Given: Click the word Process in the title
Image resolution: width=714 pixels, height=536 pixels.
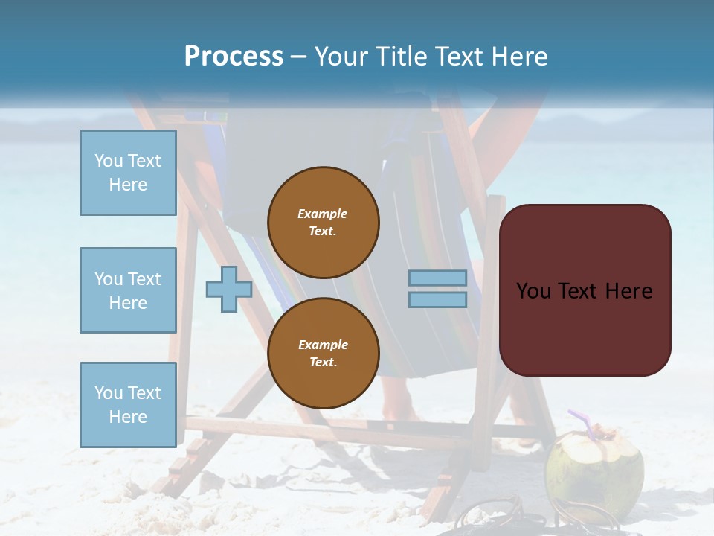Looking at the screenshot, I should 234,57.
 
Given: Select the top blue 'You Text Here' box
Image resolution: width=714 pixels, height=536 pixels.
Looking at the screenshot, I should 128,173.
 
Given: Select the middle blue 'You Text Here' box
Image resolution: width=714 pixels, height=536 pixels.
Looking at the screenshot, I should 128,290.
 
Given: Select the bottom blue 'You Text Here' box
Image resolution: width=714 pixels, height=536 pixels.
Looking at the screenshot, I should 128,404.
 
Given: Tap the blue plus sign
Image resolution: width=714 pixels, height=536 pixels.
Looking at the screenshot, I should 228,290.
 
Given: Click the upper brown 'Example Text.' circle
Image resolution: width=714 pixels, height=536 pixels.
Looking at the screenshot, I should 323,222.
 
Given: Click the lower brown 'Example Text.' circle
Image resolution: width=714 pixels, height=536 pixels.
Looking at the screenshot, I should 323,353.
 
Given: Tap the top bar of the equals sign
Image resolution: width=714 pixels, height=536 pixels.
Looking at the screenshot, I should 437,278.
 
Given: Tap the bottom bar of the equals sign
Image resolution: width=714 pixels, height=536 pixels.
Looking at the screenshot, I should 437,299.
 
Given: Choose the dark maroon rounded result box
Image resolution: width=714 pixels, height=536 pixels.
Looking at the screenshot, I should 585,290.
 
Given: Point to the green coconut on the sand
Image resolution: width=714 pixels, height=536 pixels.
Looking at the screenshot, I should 594,469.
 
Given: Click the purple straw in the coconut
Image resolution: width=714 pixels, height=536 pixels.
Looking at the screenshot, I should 581,421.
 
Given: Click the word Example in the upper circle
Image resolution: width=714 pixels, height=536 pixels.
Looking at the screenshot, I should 323,214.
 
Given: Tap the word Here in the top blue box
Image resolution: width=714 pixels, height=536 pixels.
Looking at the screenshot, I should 128,185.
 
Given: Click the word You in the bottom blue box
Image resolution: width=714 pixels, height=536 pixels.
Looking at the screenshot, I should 108,393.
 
